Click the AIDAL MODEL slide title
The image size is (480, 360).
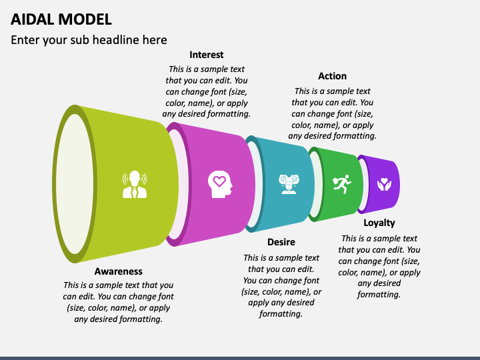tap(61, 19)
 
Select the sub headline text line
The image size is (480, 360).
tap(89, 40)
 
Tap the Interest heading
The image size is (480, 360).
tap(206, 55)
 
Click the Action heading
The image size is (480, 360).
tap(332, 76)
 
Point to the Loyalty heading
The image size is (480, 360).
tap(379, 223)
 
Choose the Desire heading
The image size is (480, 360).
tap(281, 242)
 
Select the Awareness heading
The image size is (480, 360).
tap(118, 271)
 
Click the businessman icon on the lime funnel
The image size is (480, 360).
tap(135, 184)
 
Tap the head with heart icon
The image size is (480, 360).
tap(220, 184)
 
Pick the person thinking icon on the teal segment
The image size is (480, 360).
tap(289, 184)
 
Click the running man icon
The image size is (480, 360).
tap(342, 184)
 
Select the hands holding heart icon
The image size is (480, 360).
tap(384, 184)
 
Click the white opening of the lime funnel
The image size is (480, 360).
tap(75, 184)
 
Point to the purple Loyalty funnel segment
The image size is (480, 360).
tap(381, 184)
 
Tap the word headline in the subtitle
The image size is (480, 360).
tap(116, 40)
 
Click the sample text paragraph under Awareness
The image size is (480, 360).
tap(118, 302)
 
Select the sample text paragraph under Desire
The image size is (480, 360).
tap(281, 285)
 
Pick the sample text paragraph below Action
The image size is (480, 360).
tap(332, 113)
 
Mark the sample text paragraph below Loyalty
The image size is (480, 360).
tap(379, 266)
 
